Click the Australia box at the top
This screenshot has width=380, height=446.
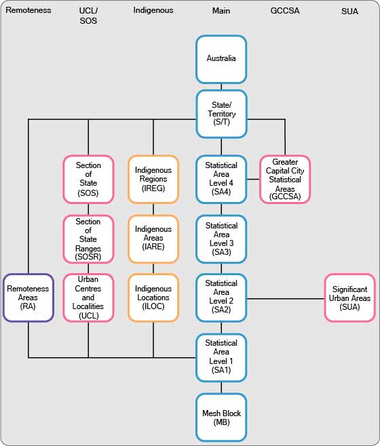(x=221, y=59)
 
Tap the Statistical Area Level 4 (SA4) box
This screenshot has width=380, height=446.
(x=221, y=179)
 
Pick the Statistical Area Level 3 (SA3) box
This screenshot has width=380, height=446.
(x=221, y=239)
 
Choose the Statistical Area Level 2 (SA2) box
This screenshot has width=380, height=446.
(x=221, y=297)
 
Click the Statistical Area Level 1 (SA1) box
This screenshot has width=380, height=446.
(x=221, y=357)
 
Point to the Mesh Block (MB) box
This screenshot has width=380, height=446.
(x=221, y=417)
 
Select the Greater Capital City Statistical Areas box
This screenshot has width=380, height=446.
(x=285, y=179)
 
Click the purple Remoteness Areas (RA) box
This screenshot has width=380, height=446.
(x=28, y=298)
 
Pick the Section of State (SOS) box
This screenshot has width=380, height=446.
(x=88, y=179)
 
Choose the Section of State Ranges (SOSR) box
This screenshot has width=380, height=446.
(x=88, y=239)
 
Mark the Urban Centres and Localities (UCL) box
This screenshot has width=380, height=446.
(x=88, y=298)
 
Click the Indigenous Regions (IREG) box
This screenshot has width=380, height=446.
(x=153, y=179)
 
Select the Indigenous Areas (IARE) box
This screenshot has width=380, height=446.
(x=153, y=239)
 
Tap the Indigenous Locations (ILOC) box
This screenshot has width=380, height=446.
(x=153, y=298)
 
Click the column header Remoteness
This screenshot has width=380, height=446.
(x=28, y=11)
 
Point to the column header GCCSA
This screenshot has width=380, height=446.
(x=285, y=11)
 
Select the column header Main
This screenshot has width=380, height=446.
(x=221, y=11)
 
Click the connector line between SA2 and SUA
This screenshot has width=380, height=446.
(x=285, y=298)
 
